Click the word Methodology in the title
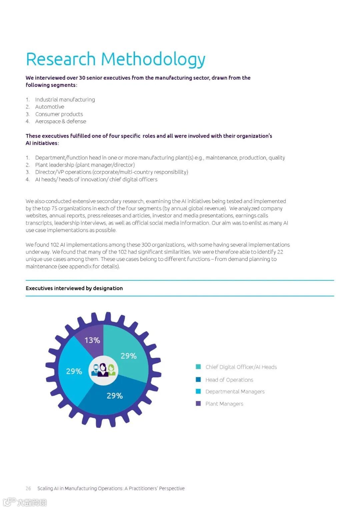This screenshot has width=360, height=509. tap(153, 59)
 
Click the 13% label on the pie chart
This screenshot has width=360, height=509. tap(92, 340)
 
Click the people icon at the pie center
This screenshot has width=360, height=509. tap(103, 370)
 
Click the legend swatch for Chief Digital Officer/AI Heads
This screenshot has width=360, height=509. tap(198, 367)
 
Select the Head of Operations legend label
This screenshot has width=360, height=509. tap(229, 380)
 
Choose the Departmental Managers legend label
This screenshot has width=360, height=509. tap(235, 392)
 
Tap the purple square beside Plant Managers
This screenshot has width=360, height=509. tap(198, 404)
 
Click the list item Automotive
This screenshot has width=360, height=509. tap(50, 107)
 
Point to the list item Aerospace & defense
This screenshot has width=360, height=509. tap(61, 121)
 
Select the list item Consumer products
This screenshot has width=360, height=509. tap(59, 114)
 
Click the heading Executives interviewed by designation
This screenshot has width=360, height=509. tap(74, 288)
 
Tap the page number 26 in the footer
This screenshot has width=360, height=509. tap(28, 488)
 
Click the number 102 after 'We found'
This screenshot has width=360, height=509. tap(55, 245)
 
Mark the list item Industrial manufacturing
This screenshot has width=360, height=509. tap(65, 99)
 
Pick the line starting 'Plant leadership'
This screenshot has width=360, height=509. tap(85, 165)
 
